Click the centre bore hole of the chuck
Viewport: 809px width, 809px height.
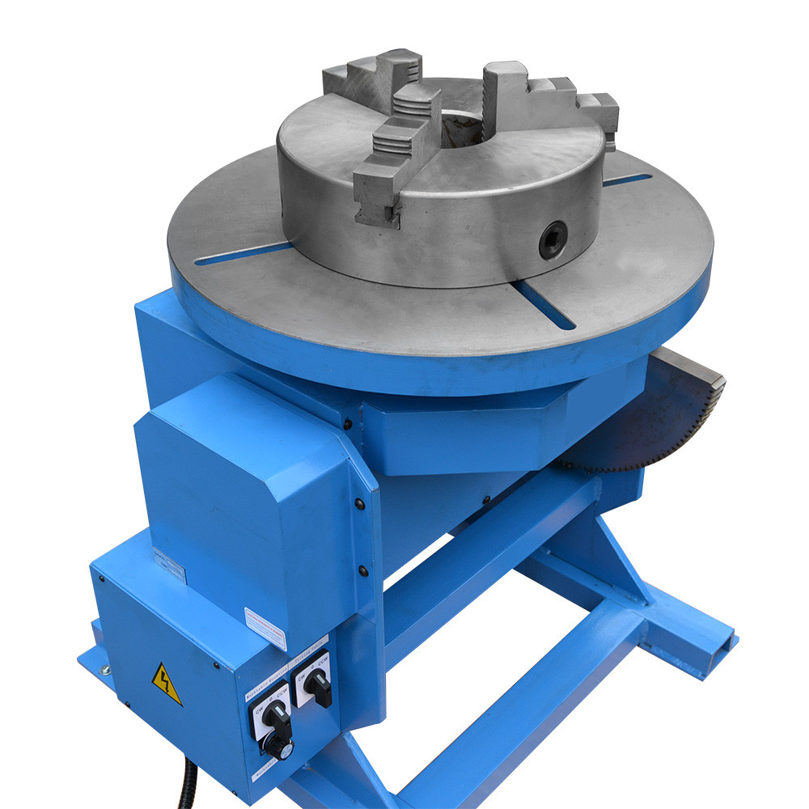pos(459,129)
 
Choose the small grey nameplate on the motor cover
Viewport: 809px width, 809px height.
pos(170,565)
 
